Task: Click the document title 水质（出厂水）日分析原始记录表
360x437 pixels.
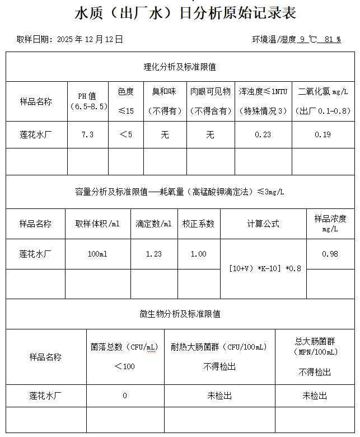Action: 185,13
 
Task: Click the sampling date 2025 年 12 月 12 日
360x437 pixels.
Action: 90,40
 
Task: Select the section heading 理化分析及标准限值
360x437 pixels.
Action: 180,67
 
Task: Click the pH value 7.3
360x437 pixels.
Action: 87,134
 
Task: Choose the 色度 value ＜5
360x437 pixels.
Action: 126,134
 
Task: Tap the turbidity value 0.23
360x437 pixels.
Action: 263,134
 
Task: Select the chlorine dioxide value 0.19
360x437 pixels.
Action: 322,134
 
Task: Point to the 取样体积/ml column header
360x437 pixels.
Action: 97,224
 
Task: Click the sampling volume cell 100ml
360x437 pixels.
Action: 97,254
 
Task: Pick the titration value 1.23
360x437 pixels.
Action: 153,254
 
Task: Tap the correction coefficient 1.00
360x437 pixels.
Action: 198,254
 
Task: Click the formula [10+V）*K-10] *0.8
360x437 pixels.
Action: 265,268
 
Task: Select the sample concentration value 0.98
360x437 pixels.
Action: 330,254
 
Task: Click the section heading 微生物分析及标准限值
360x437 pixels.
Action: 180,314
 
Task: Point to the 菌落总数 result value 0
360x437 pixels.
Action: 124,396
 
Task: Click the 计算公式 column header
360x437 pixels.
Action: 263,224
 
